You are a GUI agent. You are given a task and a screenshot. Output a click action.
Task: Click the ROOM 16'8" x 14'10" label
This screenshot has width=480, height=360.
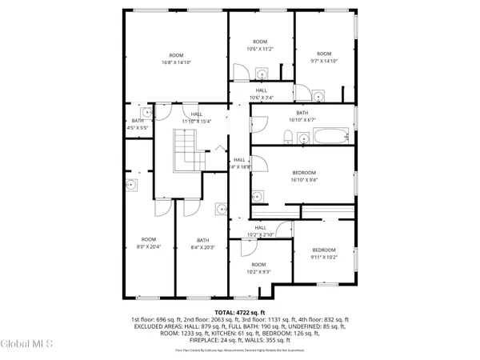tap(176, 58)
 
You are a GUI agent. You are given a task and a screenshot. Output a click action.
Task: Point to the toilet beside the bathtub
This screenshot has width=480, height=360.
tap(303, 138)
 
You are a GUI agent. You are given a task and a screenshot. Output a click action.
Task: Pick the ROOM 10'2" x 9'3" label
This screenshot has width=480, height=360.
tap(258, 268)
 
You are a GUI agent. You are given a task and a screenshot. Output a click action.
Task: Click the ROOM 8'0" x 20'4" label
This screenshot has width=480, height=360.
tap(149, 243)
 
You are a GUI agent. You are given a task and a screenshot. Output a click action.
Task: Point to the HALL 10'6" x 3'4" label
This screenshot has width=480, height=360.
tap(262, 94)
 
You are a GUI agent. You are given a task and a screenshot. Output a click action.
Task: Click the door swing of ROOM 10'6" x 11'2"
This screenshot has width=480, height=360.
tap(238, 74)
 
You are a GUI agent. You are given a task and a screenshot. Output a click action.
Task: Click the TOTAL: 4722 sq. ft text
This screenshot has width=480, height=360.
tap(240, 312)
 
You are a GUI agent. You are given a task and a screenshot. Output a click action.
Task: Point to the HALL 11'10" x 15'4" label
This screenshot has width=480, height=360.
tap(196, 118)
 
